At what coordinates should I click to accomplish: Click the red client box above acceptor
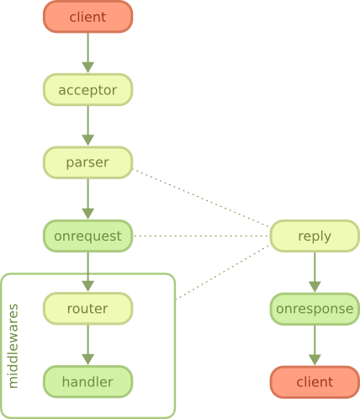point(87,17)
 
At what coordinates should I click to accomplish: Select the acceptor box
point(87,90)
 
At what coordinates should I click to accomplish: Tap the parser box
point(87,162)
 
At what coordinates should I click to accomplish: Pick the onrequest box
point(87,236)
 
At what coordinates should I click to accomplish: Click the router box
point(87,309)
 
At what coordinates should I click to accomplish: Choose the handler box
point(87,382)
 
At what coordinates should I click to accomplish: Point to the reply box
point(315,236)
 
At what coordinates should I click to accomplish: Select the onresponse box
point(315,309)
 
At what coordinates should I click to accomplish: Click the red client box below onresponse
point(315,382)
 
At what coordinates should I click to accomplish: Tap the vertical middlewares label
point(13,346)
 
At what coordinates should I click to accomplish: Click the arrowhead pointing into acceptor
point(87,67)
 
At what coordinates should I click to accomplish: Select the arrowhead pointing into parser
point(87,140)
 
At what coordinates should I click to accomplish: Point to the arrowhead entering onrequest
point(87,214)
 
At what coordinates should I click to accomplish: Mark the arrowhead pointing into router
point(87,286)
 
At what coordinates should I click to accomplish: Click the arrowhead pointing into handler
point(87,359)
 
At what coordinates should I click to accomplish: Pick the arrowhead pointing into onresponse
point(315,287)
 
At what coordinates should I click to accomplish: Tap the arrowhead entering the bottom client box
point(315,360)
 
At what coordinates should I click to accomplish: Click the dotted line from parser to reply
point(201,198)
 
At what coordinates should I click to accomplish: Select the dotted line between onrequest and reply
point(201,236)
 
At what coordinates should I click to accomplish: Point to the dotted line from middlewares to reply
point(223,273)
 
